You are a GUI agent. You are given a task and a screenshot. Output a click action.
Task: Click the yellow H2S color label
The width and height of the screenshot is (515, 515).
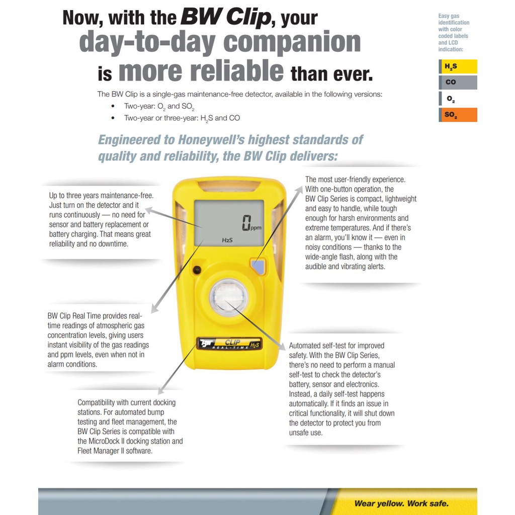pos(458,66)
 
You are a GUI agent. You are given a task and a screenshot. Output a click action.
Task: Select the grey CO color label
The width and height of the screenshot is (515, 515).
pos(458,82)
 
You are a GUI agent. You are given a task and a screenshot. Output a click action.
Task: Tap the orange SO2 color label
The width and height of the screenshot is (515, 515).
pos(458,115)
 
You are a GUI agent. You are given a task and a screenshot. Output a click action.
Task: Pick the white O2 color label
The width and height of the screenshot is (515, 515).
pos(458,99)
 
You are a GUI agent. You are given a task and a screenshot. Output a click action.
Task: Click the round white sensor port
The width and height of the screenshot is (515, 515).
pos(228,295)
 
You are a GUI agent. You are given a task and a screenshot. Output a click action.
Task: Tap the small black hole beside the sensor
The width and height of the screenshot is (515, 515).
pos(197,269)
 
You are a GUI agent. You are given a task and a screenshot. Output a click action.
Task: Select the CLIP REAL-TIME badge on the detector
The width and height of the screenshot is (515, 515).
pos(229,345)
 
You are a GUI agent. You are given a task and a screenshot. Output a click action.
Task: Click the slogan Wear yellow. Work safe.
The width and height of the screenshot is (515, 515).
pos(401,503)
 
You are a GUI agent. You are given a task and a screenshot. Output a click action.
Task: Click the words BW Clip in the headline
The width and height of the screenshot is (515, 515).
pos(225,18)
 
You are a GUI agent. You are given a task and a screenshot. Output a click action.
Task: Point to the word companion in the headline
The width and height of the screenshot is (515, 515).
pos(292,42)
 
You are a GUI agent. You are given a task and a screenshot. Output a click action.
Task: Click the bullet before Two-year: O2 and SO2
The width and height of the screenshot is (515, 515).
pos(113,107)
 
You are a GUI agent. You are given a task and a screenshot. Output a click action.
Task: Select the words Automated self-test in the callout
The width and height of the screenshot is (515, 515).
pos(319,346)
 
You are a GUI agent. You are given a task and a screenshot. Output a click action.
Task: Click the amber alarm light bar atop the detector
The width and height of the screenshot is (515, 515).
pos(229,186)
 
